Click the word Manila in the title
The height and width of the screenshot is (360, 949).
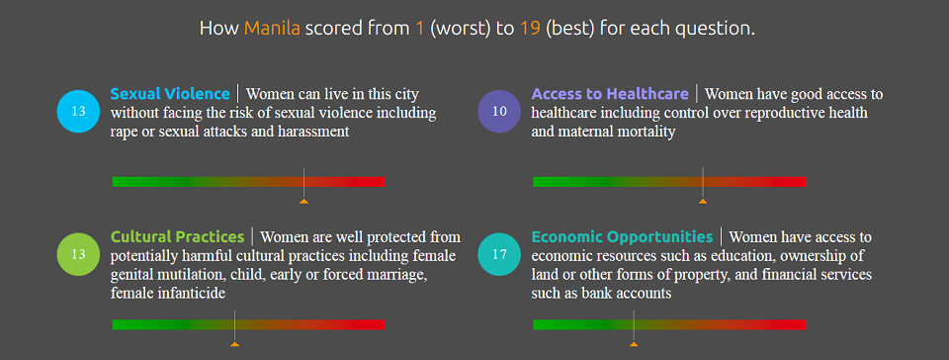(273, 28)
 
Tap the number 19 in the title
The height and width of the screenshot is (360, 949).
(531, 28)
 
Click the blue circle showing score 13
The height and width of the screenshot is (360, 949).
(79, 111)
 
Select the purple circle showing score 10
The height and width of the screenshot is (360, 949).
(499, 111)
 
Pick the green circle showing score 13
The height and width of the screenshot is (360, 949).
(79, 254)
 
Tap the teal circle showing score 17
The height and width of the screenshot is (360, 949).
(499, 254)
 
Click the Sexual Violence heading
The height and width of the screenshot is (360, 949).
(170, 94)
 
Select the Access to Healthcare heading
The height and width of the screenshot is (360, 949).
(610, 94)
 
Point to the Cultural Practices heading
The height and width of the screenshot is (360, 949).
(177, 237)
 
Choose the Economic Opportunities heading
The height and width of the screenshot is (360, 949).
(622, 237)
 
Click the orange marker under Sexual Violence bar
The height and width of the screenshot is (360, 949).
(303, 201)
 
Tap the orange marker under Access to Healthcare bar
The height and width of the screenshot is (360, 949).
(703, 201)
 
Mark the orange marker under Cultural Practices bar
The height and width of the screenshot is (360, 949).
(234, 343)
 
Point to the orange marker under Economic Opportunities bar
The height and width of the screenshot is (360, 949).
(634, 343)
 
